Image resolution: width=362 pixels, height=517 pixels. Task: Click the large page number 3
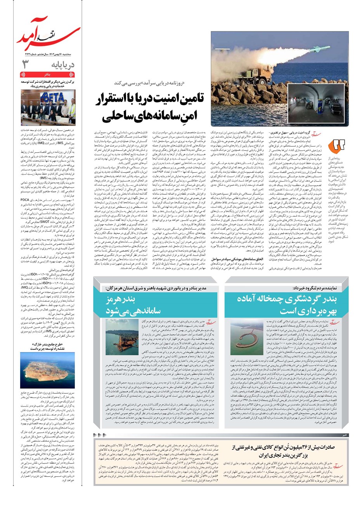26,64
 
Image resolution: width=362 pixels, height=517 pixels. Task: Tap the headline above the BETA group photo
48,84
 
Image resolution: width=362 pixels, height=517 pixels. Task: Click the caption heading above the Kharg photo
48,346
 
